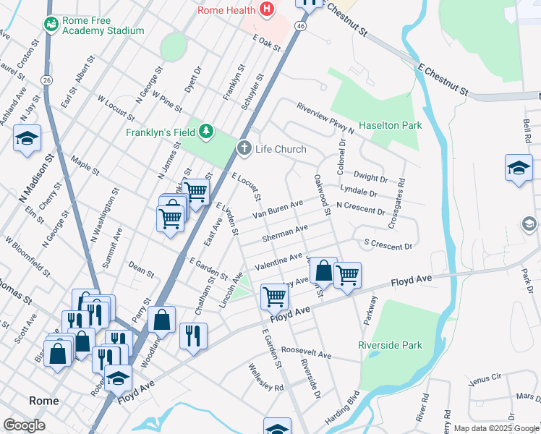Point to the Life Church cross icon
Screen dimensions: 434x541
point(244,148)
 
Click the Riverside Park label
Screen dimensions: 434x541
point(390,345)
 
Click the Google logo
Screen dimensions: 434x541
point(24,425)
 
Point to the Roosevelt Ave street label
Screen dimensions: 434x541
point(306,353)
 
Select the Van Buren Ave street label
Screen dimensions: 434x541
point(277,210)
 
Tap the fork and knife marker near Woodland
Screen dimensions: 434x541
point(193,335)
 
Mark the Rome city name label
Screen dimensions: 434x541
point(43,401)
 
